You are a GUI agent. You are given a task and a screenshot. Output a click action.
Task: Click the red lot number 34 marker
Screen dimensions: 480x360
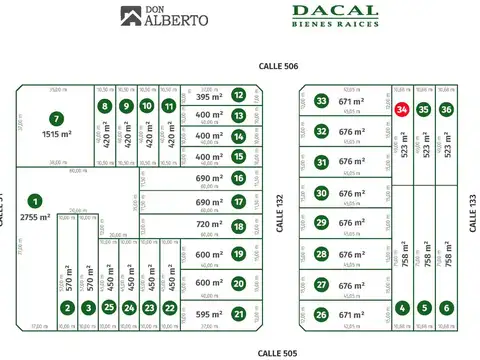pyautogui.click(x=401, y=109)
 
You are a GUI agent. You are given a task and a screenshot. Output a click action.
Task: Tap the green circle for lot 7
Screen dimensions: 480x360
pyautogui.click(x=57, y=118)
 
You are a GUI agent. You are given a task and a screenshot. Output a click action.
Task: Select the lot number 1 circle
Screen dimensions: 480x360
pyautogui.click(x=36, y=201)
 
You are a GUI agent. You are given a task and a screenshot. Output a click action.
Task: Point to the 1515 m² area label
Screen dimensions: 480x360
pyautogui.click(x=57, y=134)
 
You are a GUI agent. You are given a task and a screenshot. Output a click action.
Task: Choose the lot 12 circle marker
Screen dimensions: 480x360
pyautogui.click(x=238, y=96)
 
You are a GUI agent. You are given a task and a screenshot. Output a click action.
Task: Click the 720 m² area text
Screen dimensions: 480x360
pyautogui.click(x=209, y=226)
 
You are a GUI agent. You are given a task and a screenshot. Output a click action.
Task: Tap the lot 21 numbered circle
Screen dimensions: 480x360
pyautogui.click(x=238, y=314)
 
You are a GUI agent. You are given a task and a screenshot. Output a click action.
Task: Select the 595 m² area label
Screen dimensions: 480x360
pyautogui.click(x=209, y=314)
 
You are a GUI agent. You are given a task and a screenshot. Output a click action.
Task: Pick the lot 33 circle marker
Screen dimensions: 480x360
pyautogui.click(x=321, y=101)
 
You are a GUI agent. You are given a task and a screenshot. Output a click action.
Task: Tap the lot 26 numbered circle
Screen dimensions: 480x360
pyautogui.click(x=321, y=314)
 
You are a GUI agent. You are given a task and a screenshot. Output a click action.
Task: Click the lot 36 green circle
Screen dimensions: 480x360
pyautogui.click(x=446, y=109)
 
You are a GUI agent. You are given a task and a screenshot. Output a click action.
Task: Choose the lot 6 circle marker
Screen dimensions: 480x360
pyautogui.click(x=446, y=308)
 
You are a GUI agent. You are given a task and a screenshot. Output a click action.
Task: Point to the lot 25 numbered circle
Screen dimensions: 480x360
pyautogui.click(x=109, y=308)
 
